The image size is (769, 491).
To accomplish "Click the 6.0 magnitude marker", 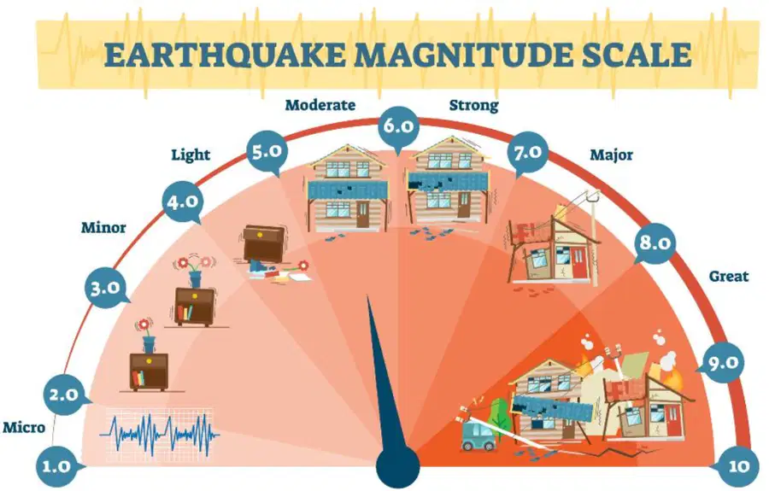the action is click(x=398, y=126).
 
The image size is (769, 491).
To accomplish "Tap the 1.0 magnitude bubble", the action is click(x=57, y=466).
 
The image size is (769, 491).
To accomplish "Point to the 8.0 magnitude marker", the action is click(x=655, y=243).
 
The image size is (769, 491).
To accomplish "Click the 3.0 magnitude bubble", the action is click(x=105, y=288).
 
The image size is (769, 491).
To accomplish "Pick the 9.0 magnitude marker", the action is click(x=723, y=363).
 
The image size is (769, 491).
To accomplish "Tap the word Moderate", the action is click(x=320, y=105).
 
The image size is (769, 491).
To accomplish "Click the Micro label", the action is click(x=24, y=427).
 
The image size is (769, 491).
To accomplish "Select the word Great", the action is click(x=729, y=277).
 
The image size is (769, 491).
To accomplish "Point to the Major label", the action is click(x=611, y=155).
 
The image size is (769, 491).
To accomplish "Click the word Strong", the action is click(x=473, y=105).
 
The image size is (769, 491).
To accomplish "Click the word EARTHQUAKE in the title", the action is click(x=225, y=55).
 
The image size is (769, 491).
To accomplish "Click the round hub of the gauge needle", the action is click(x=397, y=465).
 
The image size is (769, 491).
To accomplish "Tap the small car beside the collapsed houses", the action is click(x=479, y=436).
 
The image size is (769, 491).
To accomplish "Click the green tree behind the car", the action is click(x=500, y=414).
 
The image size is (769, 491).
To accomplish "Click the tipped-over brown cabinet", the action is click(x=264, y=244).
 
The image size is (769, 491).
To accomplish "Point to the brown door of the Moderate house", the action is click(x=363, y=214).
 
